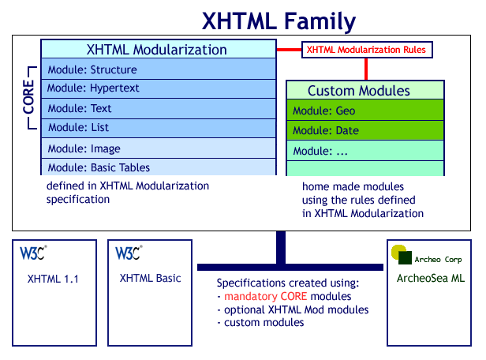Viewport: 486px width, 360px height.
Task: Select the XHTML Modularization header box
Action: [159, 50]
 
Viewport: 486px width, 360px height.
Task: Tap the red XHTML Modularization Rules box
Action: [366, 50]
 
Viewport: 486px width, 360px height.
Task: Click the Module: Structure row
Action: [159, 69]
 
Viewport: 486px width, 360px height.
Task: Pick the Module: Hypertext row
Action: [159, 88]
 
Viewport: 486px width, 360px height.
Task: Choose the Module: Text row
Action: [159, 108]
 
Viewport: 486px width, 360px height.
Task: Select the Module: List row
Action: [159, 127]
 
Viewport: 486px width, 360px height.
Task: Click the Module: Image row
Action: [159, 148]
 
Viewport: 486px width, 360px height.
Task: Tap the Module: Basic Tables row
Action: [159, 167]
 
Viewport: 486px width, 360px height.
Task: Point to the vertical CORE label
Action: [28, 98]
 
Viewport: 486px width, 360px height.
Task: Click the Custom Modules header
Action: [358, 91]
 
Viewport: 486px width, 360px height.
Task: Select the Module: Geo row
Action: [358, 111]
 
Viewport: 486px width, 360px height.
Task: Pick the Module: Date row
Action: [358, 130]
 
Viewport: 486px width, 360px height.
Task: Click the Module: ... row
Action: [358, 150]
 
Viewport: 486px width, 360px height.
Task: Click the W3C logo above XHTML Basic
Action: [129, 253]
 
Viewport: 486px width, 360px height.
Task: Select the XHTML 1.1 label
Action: [53, 279]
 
